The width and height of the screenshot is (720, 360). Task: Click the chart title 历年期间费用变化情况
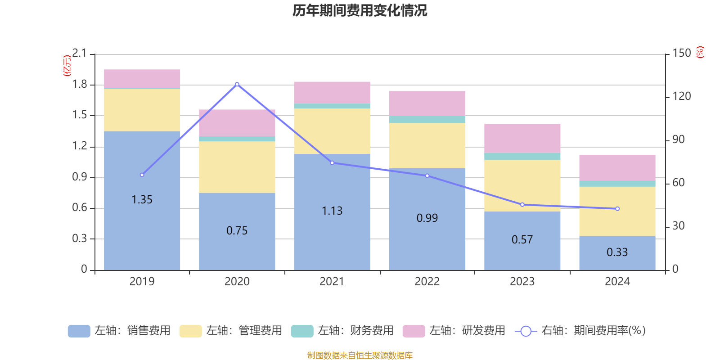click(x=360, y=10)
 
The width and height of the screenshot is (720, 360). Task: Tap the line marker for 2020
click(x=237, y=84)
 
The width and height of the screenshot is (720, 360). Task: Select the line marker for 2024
click(x=617, y=209)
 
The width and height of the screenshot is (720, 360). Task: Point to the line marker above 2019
click(x=142, y=175)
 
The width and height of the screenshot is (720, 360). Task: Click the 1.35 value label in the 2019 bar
click(x=142, y=199)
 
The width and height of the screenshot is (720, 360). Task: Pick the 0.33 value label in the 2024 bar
click(x=617, y=252)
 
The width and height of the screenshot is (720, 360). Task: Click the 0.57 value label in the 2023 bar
click(x=522, y=239)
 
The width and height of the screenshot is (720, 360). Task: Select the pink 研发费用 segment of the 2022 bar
click(x=427, y=103)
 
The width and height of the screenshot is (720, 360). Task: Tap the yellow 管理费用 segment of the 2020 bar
click(x=237, y=167)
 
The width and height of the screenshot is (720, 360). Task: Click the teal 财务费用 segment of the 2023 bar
click(x=522, y=157)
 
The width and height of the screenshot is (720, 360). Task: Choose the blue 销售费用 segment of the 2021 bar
click(x=332, y=234)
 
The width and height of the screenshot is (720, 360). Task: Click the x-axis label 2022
click(x=427, y=282)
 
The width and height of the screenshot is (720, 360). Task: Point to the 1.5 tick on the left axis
click(x=80, y=115)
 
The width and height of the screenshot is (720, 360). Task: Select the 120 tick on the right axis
click(x=682, y=96)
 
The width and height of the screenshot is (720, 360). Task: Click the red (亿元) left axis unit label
click(x=67, y=66)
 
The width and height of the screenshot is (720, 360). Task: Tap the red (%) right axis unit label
click(x=700, y=52)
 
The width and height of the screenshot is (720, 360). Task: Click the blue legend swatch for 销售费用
click(x=79, y=331)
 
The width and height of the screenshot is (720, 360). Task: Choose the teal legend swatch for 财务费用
click(x=302, y=331)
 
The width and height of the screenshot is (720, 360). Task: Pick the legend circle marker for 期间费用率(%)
click(x=526, y=331)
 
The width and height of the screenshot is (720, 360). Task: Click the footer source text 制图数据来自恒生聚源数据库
click(x=360, y=355)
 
